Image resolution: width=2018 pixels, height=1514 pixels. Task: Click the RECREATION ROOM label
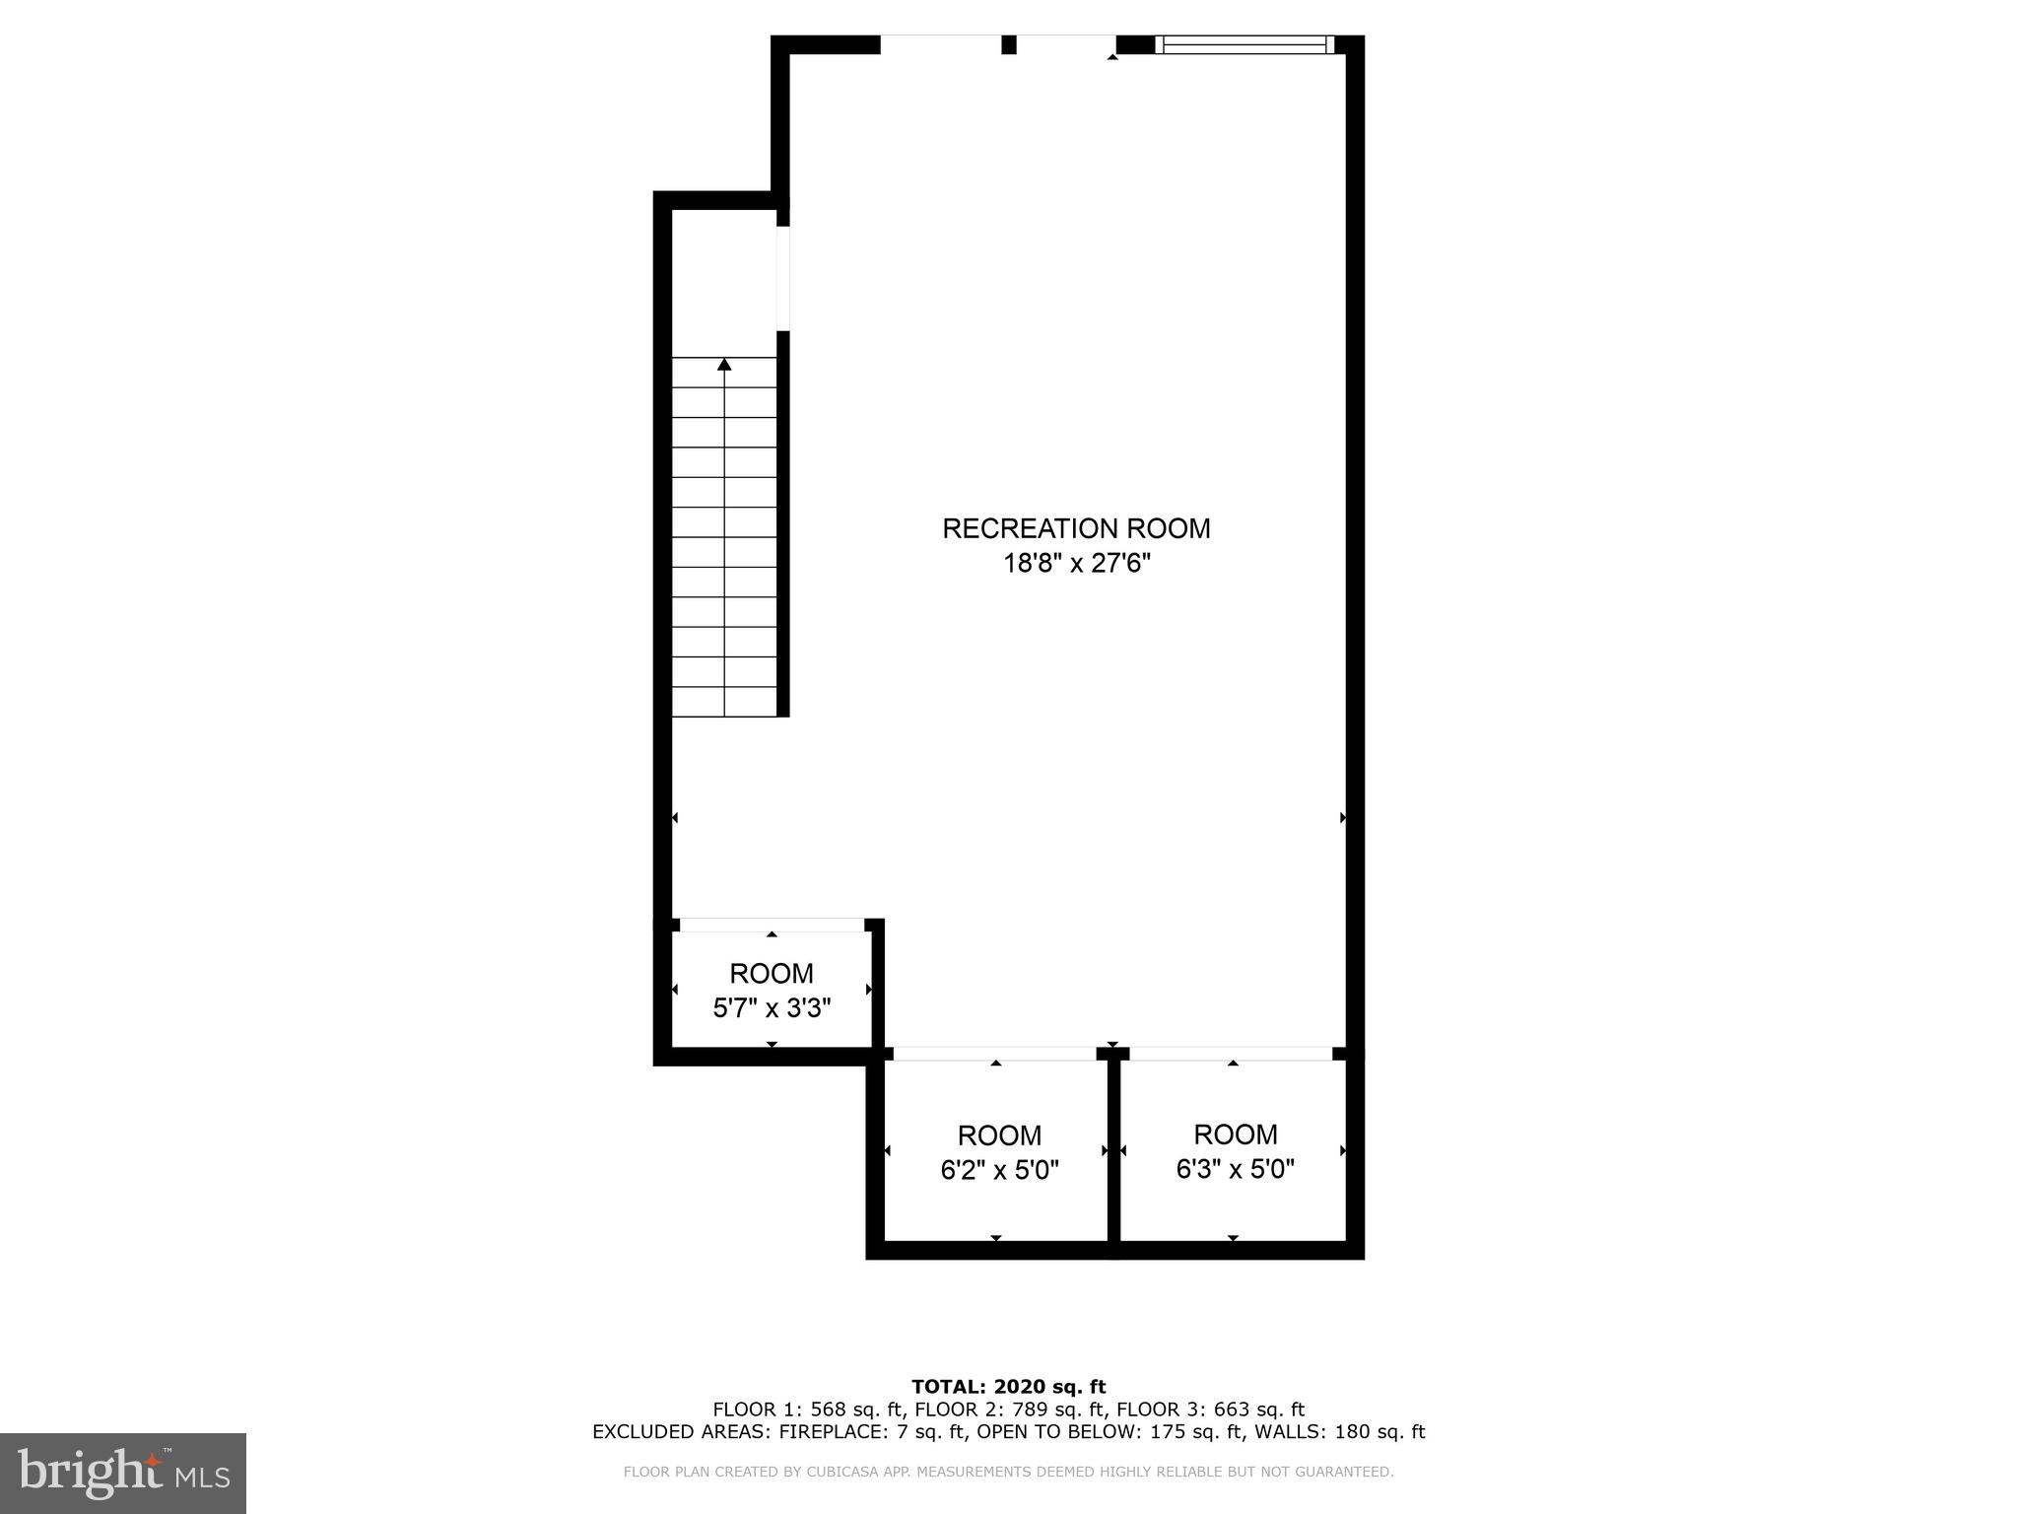click(x=1076, y=528)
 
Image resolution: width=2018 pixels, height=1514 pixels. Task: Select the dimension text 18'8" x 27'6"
click(x=1076, y=564)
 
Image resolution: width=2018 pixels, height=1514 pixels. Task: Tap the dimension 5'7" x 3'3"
click(x=772, y=1008)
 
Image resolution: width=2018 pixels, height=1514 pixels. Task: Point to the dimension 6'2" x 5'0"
click(x=999, y=1170)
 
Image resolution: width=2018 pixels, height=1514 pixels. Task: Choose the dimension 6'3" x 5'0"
click(x=1235, y=1169)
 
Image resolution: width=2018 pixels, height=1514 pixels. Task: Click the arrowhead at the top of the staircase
click(x=724, y=365)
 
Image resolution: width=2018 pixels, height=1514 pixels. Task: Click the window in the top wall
click(x=1244, y=43)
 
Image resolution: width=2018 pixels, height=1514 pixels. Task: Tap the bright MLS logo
click(x=122, y=1473)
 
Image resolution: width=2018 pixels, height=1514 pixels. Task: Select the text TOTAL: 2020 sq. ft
click(x=1008, y=1387)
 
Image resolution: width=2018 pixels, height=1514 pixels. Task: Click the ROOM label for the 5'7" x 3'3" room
click(x=772, y=973)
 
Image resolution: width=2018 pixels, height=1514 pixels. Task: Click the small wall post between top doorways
click(x=1008, y=44)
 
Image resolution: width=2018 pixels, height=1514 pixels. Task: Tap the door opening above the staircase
click(x=783, y=278)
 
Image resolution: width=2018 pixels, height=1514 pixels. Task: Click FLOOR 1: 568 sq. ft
click(x=806, y=1410)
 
